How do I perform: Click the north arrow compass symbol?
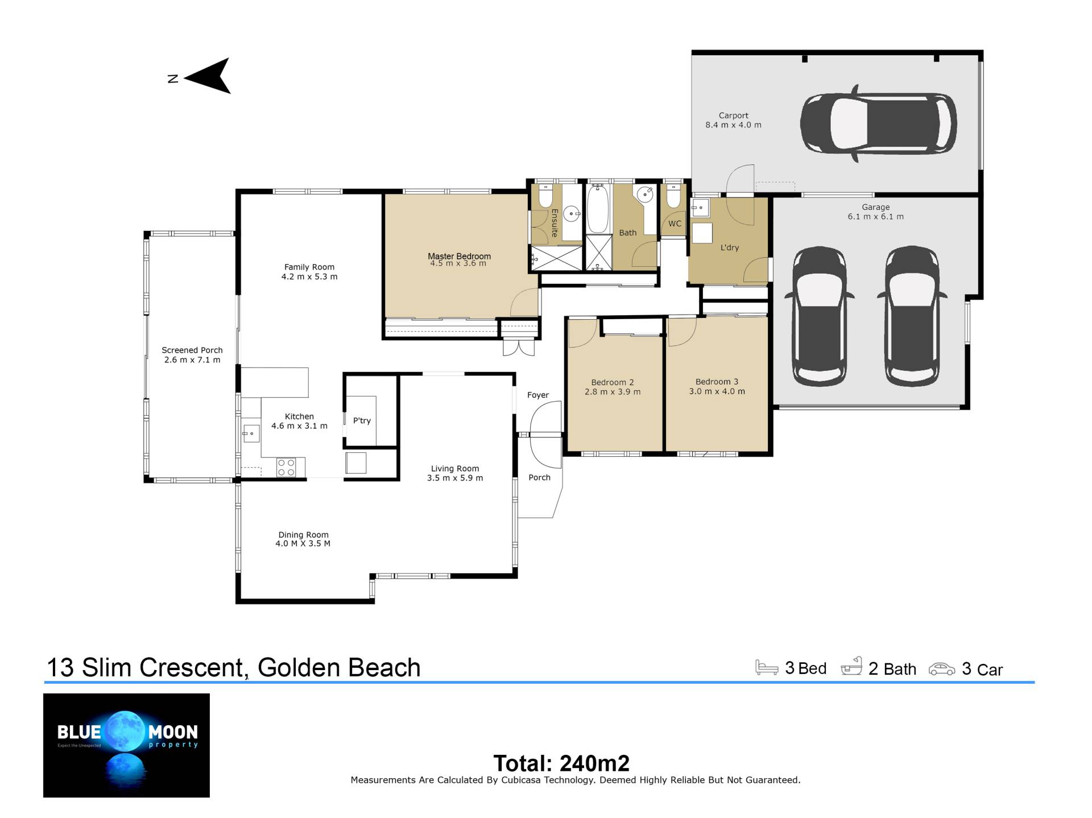tap(208, 76)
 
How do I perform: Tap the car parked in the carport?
tap(878, 123)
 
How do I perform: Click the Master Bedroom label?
tap(459, 256)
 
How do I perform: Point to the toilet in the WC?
tap(673, 195)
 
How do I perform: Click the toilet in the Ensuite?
tap(545, 195)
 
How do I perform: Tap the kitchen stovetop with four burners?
tap(286, 468)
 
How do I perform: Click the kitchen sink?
tap(250, 433)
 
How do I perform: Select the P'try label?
tap(362, 421)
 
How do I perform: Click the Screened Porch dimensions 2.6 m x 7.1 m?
tap(192, 360)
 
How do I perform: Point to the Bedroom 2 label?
tap(613, 382)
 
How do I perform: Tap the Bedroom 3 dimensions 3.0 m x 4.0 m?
tap(717, 391)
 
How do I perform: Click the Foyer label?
tap(538, 395)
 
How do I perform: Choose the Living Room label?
tap(455, 469)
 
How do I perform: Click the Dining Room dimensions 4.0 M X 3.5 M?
tap(303, 544)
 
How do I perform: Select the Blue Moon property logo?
tap(126, 745)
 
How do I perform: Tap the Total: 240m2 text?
tap(561, 763)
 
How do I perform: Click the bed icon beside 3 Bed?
tap(767, 668)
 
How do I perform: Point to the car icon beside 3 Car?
tap(942, 669)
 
